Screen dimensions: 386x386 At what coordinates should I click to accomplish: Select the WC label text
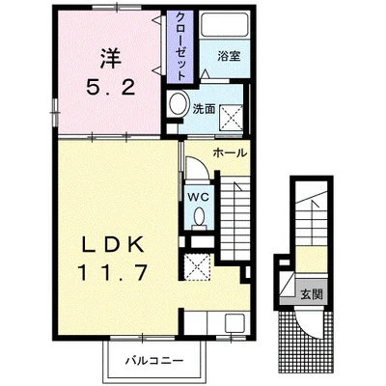click(x=200, y=196)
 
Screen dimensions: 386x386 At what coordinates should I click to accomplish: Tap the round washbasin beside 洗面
click(x=177, y=106)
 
